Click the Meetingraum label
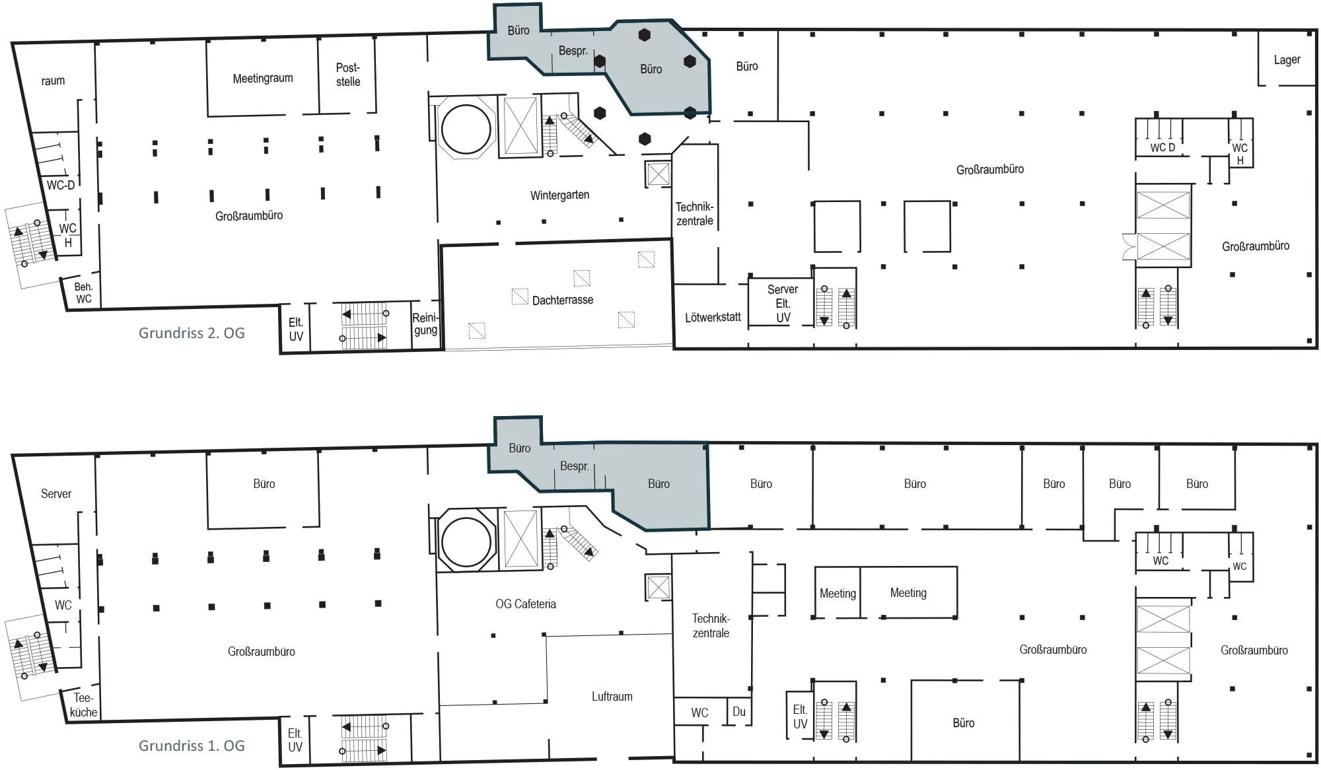263,79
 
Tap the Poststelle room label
348,75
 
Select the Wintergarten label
559,195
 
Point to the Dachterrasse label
563,300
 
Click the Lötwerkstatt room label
713,317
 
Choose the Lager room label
1287,60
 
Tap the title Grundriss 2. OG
192,333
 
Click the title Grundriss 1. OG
192,746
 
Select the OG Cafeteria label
526,604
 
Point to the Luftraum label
612,697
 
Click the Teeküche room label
83,705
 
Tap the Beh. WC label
84,293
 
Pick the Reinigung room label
425,324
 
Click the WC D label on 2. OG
1162,148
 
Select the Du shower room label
739,712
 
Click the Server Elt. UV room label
783,304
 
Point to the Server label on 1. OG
56,494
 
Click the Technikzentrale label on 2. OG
695,214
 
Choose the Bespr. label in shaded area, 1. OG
574,466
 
